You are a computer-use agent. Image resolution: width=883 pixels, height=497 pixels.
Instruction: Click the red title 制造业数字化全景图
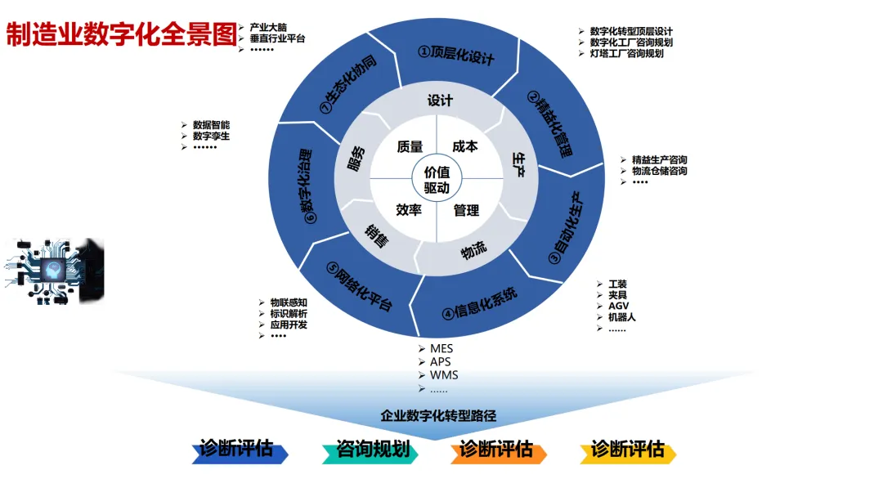(121, 34)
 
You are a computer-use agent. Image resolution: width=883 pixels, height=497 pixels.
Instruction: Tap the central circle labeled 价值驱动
(437, 180)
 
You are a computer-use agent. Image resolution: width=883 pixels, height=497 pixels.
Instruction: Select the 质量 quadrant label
(410, 146)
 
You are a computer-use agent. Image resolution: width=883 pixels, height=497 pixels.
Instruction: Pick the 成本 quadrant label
(464, 146)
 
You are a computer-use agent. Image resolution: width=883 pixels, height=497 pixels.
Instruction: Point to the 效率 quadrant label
(409, 210)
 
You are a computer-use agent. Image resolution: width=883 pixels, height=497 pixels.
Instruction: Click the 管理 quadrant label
(466, 210)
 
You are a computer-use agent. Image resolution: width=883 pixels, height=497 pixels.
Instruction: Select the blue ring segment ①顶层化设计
(456, 53)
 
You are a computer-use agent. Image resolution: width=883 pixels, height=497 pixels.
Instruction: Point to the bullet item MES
(441, 348)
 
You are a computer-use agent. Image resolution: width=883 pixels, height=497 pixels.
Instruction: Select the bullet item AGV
(618, 306)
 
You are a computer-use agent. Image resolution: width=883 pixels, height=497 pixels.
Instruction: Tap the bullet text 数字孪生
(211, 137)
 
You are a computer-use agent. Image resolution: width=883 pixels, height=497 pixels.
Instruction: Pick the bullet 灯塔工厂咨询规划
(626, 53)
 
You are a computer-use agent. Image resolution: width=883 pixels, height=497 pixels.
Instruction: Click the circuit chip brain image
(57, 272)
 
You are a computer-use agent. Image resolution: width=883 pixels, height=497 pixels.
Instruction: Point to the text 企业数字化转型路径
(438, 416)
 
